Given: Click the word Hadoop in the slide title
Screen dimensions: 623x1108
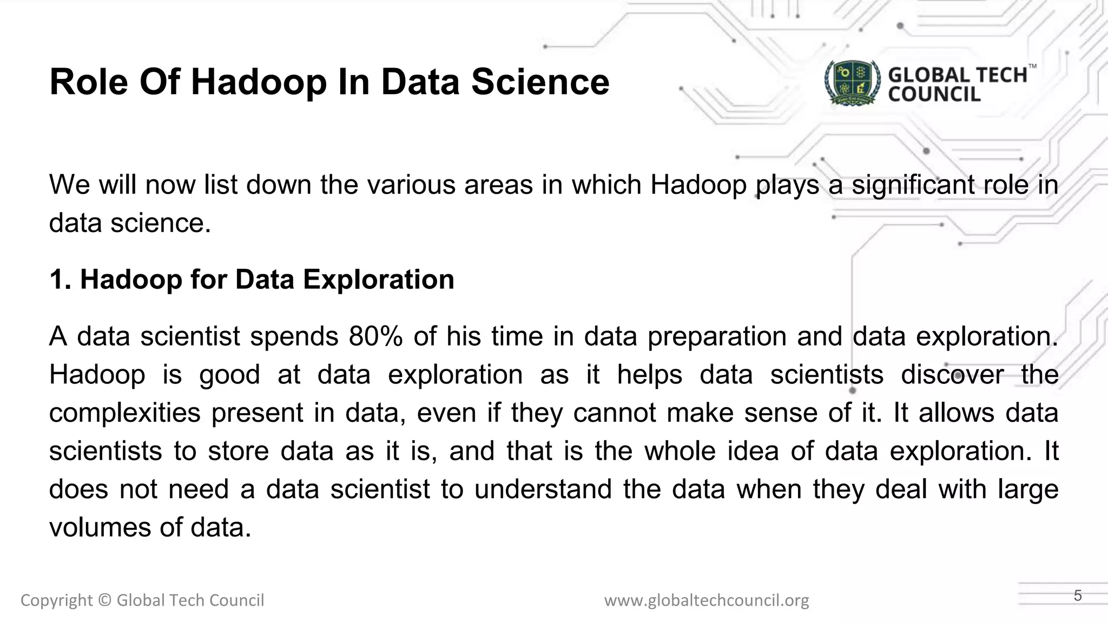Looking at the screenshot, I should pyautogui.click(x=259, y=82).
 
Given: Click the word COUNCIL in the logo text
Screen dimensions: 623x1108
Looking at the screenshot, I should pyautogui.click(x=934, y=95).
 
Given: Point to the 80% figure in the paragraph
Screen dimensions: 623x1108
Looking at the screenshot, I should pyautogui.click(x=375, y=336).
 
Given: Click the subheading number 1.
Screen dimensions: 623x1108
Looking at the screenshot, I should pyautogui.click(x=60, y=280).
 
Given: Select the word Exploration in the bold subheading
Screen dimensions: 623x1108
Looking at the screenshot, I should pyautogui.click(x=378, y=280).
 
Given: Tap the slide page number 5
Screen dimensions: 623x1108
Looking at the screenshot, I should pyautogui.click(x=1078, y=596).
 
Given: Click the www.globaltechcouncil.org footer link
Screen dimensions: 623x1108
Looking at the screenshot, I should pyautogui.click(x=707, y=600).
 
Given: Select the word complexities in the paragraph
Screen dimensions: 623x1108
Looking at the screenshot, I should pyautogui.click(x=125, y=413).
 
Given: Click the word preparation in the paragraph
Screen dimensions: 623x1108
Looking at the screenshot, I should pyautogui.click(x=717, y=336).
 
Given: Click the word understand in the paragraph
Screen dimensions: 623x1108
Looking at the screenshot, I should pyautogui.click(x=543, y=489).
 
